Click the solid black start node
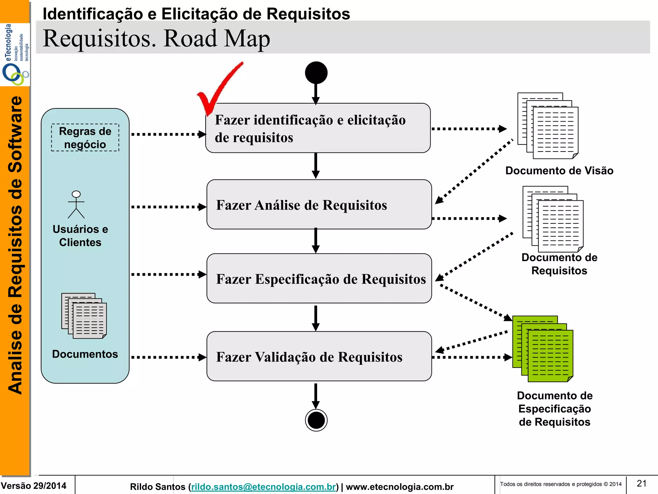pos(316,73)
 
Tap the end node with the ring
pos(316,420)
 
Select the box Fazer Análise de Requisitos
pos(319,205)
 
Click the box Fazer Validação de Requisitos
pos(319,356)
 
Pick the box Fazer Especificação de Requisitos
pos(319,279)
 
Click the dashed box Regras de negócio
pos(85,138)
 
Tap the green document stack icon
pos(543,349)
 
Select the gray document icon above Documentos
pos(84,316)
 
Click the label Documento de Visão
pos(559,170)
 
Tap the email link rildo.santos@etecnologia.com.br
pos(263,487)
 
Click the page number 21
pos(642,483)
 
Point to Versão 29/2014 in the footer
pos(34,486)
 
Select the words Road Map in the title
pos(217,39)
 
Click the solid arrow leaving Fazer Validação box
pos(316,396)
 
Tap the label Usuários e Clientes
pos(80,235)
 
